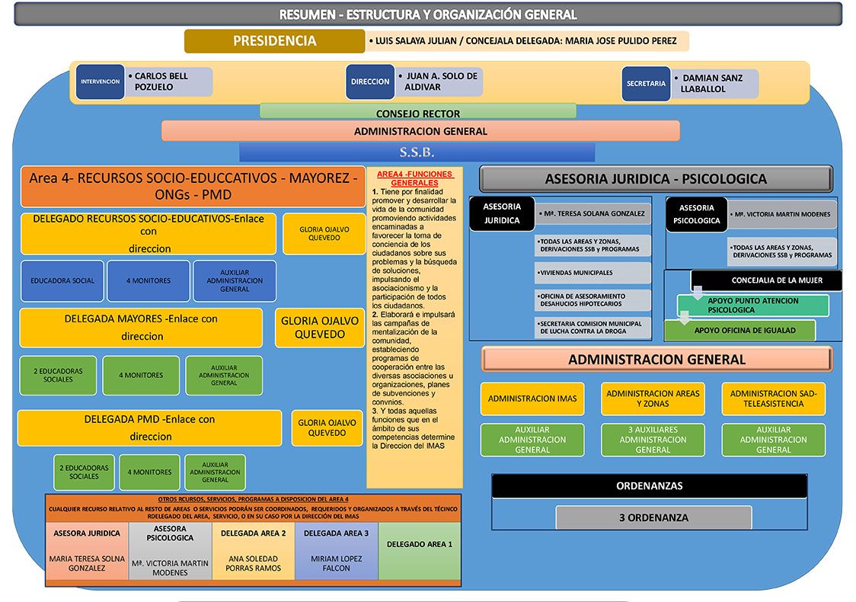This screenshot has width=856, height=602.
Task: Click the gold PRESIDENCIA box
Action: (275, 41)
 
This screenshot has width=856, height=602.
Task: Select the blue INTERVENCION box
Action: (100, 82)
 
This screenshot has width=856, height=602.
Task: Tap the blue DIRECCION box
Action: (370, 82)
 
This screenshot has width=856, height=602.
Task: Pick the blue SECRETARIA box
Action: (646, 84)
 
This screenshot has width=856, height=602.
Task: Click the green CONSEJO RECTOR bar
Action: (418, 113)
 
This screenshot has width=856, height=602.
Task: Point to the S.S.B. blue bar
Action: (417, 152)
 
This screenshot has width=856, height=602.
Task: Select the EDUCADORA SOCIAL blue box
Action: (62, 280)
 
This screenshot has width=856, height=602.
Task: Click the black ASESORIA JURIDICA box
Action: (502, 213)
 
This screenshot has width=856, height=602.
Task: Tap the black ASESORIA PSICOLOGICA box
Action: (697, 214)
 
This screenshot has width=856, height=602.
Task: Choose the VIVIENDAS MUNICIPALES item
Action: (592, 273)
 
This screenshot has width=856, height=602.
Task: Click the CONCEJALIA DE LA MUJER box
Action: (765, 280)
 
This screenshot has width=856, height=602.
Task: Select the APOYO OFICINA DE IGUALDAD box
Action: (740, 331)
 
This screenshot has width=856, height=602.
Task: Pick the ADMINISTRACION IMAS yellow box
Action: (532, 399)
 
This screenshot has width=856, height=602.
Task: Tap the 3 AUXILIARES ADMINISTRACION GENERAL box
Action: (653, 440)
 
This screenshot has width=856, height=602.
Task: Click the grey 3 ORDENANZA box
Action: (653, 518)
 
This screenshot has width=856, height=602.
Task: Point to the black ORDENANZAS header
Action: (649, 485)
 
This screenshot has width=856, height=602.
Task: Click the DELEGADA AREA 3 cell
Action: (337, 551)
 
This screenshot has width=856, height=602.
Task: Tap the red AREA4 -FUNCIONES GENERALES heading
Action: (414, 178)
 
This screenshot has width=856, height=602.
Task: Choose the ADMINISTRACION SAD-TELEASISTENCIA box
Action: (774, 399)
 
